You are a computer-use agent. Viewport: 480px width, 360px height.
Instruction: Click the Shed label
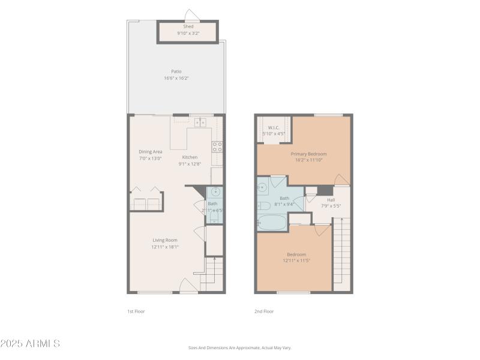(x=188, y=26)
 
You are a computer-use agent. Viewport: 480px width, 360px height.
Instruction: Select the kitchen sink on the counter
(x=200, y=122)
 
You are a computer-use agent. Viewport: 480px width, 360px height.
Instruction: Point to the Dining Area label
(x=151, y=152)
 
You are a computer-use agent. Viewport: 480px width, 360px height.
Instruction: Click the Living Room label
(x=164, y=240)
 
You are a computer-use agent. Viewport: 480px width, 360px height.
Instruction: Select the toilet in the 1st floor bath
(x=214, y=217)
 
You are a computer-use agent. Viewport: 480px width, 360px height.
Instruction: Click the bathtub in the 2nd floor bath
(x=272, y=223)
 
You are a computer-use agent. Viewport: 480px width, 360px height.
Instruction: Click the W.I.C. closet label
(x=274, y=127)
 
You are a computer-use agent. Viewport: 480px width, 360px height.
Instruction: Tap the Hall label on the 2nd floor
(x=331, y=199)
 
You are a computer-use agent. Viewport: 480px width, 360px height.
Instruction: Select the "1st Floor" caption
(x=136, y=311)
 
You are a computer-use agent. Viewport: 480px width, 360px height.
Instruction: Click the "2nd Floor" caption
(x=265, y=311)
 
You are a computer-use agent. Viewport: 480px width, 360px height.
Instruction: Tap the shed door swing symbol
(x=191, y=15)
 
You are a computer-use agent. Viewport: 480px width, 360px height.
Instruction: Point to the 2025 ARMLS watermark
(x=30, y=344)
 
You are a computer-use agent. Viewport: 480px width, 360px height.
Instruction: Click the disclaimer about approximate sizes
(x=239, y=347)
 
